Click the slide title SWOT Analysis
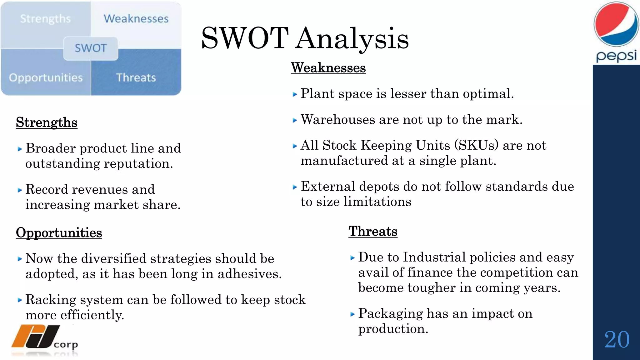tap(305, 38)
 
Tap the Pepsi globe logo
tap(616, 24)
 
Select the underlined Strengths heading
tap(47, 122)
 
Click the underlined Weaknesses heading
tap(328, 68)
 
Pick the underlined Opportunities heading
tap(59, 233)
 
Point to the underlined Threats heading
tap(373, 232)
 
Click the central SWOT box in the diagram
tap(91, 48)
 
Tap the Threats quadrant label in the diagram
tap(136, 77)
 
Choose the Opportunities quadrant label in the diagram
tap(46, 77)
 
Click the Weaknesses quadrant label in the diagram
tap(136, 19)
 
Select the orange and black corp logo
tap(44, 337)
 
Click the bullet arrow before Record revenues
tap(20, 190)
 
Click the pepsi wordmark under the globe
tap(616, 56)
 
